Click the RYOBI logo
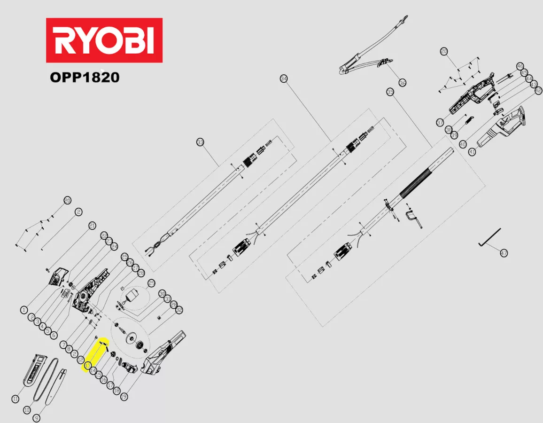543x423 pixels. pyautogui.click(x=104, y=40)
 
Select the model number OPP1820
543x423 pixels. pyautogui.click(x=85, y=77)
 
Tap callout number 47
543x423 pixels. pyautogui.click(x=504, y=253)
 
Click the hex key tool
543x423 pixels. pyautogui.click(x=490, y=237)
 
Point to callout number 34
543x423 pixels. pyautogui.click(x=283, y=78)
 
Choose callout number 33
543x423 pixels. pyautogui.click(x=201, y=142)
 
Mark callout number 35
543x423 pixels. pyautogui.click(x=390, y=92)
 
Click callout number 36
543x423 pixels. pyautogui.click(x=403, y=83)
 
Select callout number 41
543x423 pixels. pyautogui.click(x=472, y=152)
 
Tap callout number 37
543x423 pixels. pyautogui.click(x=440, y=123)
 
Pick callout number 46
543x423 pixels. pyautogui.click(x=520, y=66)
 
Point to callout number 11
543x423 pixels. pyautogui.click(x=16, y=399)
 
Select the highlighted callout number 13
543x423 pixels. pyautogui.click(x=87, y=365)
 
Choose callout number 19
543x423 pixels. pyautogui.click(x=124, y=397)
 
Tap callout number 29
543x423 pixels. pyautogui.click(x=151, y=283)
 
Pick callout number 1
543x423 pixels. pyautogui.click(x=23, y=310)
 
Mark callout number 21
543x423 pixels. pyautogui.click(x=92, y=225)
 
